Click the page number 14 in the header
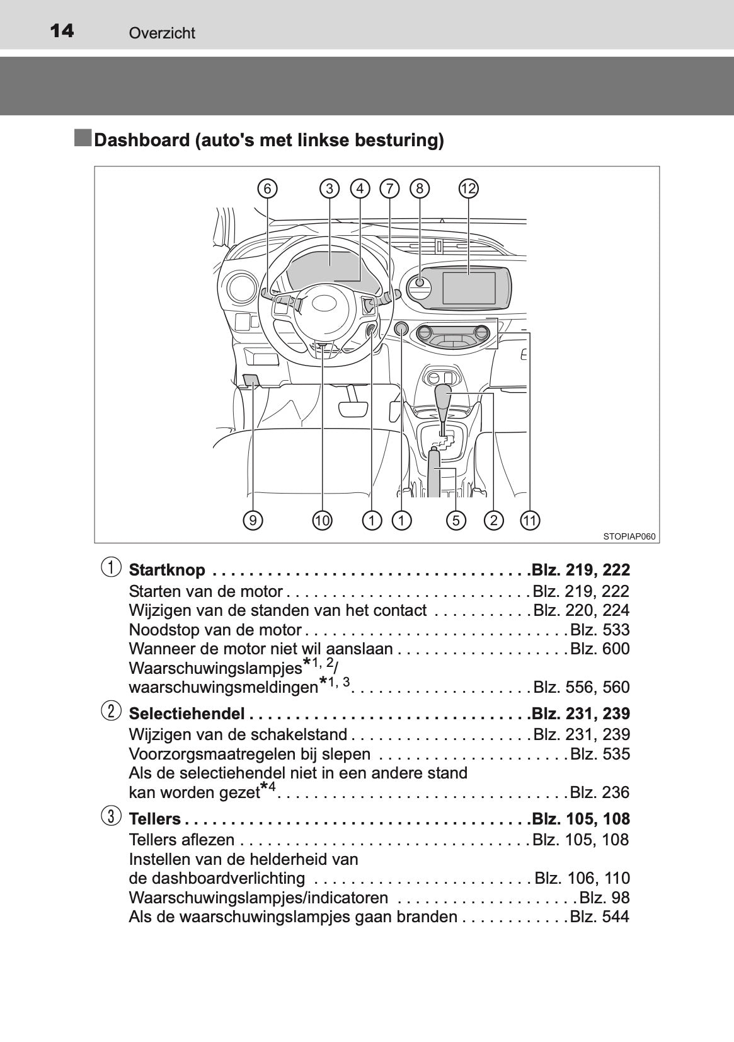click(62, 31)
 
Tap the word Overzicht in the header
click(162, 33)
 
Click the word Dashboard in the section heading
click(142, 140)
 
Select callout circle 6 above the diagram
click(267, 188)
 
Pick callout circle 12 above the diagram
click(468, 188)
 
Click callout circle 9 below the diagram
click(253, 520)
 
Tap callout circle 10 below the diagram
click(322, 520)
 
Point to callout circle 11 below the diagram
click(530, 520)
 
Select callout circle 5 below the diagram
click(456, 520)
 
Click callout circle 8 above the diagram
click(420, 188)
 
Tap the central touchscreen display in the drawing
click(469, 288)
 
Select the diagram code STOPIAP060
click(629, 536)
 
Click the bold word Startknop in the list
click(167, 570)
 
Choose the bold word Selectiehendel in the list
click(187, 713)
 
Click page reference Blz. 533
click(600, 629)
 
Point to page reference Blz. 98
click(604, 897)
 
